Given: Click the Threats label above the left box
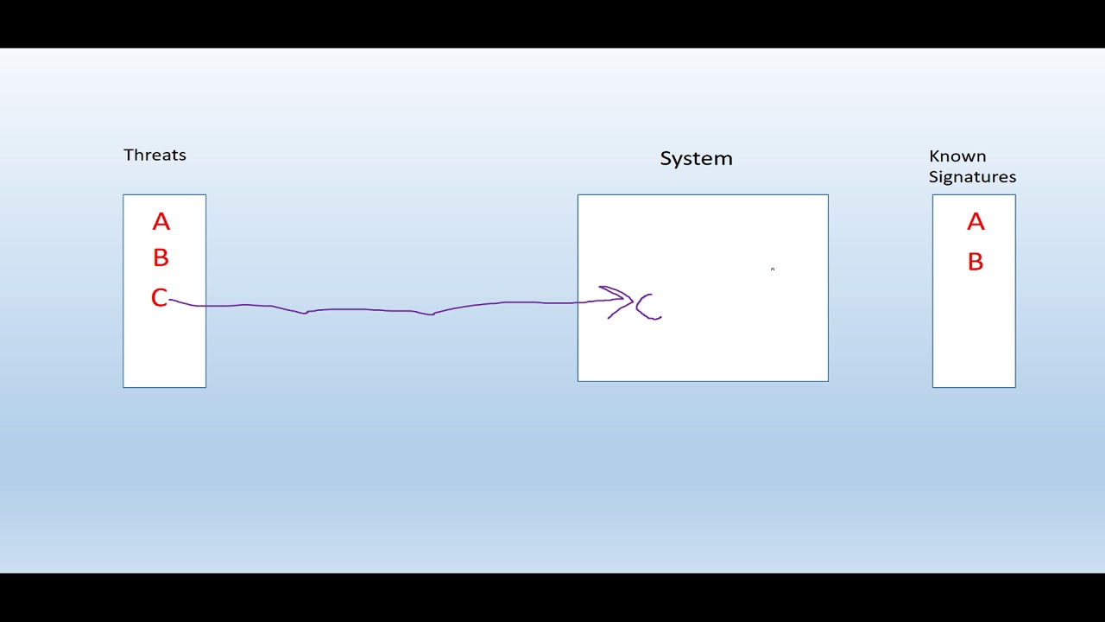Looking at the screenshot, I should click(x=155, y=155).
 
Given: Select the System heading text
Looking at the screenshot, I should click(x=696, y=159).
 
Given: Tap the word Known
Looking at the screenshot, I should click(x=957, y=156).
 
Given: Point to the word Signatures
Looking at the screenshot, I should click(x=972, y=177).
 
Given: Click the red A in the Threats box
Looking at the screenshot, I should click(x=161, y=223).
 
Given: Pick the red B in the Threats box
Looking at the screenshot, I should click(x=161, y=258).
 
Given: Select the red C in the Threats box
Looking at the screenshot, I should click(x=159, y=298).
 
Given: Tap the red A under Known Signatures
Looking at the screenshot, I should click(x=976, y=223).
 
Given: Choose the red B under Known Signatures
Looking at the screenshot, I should click(x=976, y=262).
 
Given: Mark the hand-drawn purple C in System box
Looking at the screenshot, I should click(x=647, y=307).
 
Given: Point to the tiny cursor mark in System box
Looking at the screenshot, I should click(x=773, y=270).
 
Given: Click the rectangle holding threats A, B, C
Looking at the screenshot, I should click(x=164, y=354).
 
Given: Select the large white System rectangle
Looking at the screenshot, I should click(x=703, y=346).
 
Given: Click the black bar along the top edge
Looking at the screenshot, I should click(x=552, y=23).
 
